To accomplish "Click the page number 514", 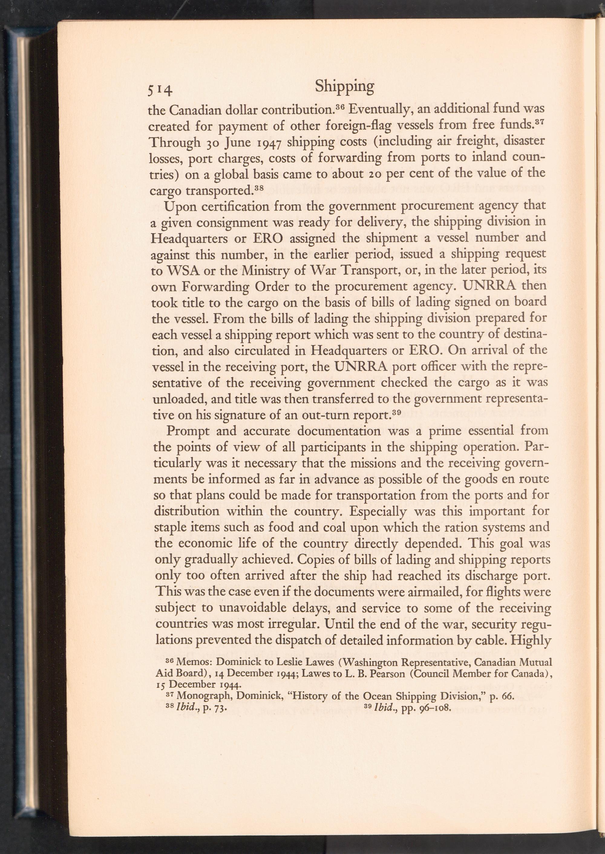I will tap(160, 90).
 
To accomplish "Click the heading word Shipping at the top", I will tap(344, 87).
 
